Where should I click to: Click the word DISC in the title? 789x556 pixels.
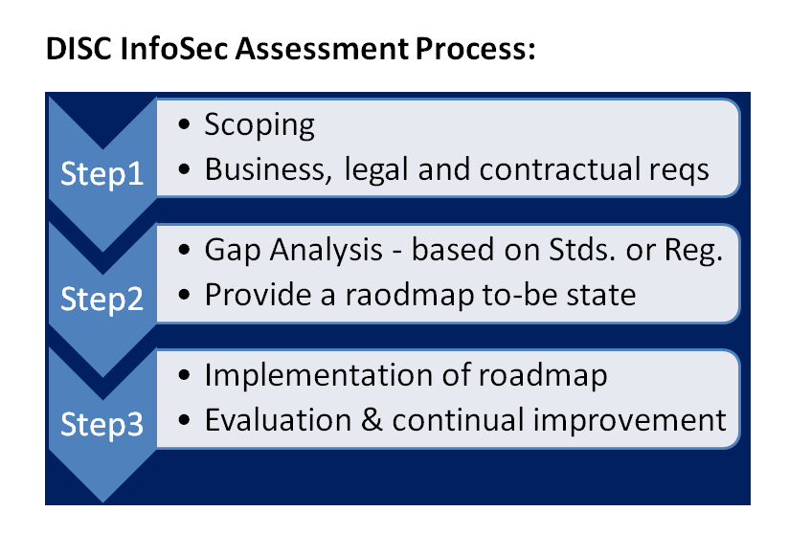[x=79, y=49]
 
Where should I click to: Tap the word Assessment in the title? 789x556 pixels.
[x=322, y=49]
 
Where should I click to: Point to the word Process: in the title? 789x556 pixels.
[x=475, y=49]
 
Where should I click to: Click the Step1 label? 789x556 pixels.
[x=102, y=174]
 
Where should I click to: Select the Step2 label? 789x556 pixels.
[x=102, y=300]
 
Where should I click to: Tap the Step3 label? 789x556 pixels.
[x=102, y=424]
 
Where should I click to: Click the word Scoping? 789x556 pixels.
[x=259, y=125]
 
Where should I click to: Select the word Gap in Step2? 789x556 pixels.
[x=233, y=251]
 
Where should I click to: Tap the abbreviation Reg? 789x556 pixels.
[x=694, y=251]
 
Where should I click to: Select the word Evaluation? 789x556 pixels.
[x=279, y=420]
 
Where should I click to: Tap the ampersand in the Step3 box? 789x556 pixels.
[x=372, y=420]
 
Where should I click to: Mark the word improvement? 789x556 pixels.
[x=629, y=421]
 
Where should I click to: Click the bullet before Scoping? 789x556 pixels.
[x=184, y=124]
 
